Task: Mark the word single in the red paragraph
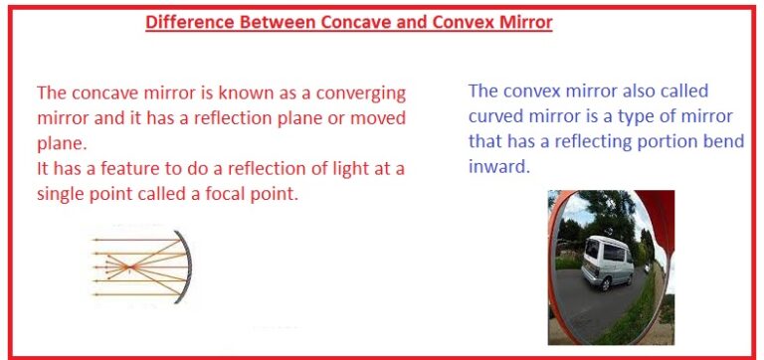click(63, 194)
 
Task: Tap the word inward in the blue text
click(498, 166)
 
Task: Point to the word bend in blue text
click(723, 140)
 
